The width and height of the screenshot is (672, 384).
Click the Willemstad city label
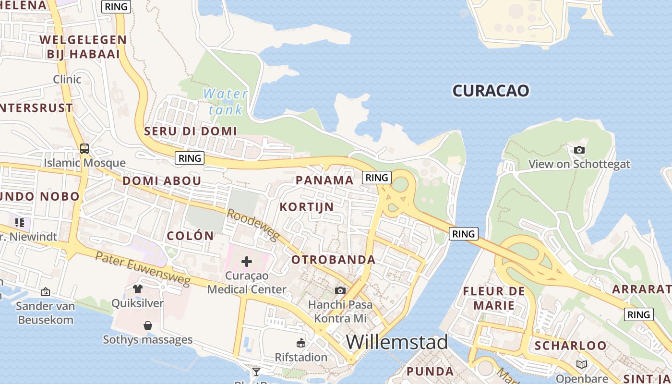tap(396, 342)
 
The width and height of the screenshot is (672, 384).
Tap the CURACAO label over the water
tap(491, 91)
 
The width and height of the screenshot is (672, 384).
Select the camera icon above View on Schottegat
tap(579, 150)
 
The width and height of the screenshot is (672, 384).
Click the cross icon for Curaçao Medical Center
tap(247, 262)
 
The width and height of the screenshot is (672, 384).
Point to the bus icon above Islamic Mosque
tap(84, 149)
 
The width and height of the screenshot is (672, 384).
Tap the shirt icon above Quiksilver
tap(138, 288)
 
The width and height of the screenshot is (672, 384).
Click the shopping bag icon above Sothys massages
tap(148, 325)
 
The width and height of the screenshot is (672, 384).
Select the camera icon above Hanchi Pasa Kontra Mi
tap(340, 290)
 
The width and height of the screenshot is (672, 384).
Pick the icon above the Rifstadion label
tap(301, 343)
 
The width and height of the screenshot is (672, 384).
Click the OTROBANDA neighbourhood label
tap(334, 260)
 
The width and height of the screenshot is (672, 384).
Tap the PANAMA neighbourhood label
tap(324, 180)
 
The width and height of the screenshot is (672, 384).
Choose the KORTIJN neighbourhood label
tap(307, 207)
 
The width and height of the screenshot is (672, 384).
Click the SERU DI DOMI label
tap(191, 131)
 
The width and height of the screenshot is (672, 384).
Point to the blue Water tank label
tap(225, 101)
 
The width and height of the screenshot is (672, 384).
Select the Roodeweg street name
tap(253, 224)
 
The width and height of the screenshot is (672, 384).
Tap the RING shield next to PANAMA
tap(376, 178)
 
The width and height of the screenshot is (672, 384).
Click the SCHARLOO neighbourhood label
tap(570, 346)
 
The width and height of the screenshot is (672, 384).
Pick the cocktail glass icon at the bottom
tap(256, 372)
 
